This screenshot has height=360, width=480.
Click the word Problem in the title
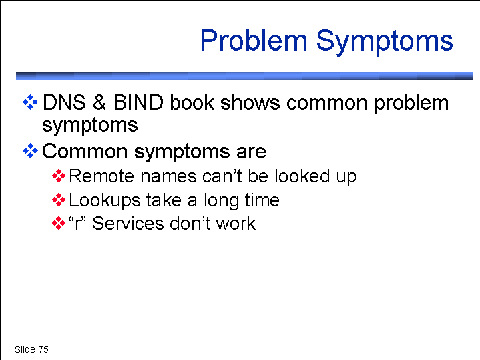(254, 41)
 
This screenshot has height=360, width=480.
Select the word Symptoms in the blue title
(385, 43)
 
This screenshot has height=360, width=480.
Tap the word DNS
(64, 102)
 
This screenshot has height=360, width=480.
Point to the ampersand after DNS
(99, 102)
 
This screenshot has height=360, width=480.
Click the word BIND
(138, 102)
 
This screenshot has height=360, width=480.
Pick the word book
(192, 102)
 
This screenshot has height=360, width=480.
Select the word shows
(250, 102)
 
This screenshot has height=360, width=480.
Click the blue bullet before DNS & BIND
(30, 102)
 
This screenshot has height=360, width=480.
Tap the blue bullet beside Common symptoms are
(30, 151)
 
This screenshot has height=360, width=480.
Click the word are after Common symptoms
(251, 152)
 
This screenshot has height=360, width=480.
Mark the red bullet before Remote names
(59, 176)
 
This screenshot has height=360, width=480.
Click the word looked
(302, 176)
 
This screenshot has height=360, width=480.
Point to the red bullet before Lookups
(59, 200)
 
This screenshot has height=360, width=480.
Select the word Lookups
(105, 201)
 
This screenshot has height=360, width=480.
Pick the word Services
(128, 223)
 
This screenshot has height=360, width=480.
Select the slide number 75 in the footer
(43, 349)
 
